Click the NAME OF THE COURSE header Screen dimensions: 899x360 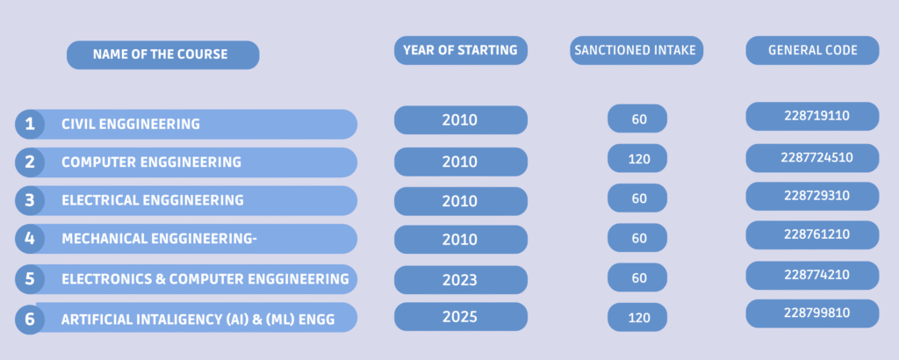tap(162, 55)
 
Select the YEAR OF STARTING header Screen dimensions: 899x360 tap(460, 50)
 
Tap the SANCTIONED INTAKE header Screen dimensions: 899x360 tap(636, 50)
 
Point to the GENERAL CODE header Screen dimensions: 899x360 tap(812, 50)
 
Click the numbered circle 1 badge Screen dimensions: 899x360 tap(30, 124)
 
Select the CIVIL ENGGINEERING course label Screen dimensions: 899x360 tap(131, 124)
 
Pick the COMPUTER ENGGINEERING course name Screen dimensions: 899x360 tap(151, 162)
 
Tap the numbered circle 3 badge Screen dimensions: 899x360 tap(30, 201)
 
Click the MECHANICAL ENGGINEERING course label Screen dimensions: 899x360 tap(159, 239)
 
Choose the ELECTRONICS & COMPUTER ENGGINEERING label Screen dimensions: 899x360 tap(205, 279)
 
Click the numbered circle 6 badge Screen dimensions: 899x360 tap(30, 318)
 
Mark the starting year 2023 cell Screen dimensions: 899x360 tap(460, 279)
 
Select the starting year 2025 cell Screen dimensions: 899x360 tap(460, 316)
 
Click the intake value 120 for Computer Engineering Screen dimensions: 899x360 tap(637, 158)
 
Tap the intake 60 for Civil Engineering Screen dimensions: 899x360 tap(637, 119)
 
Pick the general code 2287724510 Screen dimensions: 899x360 tap(812, 158)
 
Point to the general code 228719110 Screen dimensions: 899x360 tap(812, 117)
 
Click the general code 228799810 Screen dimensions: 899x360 tap(812, 313)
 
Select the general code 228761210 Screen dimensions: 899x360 tap(812, 235)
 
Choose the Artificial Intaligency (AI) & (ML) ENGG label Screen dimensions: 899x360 tap(198, 320)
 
